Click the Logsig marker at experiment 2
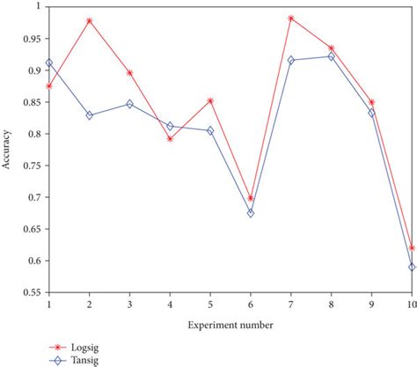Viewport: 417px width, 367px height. [90, 20]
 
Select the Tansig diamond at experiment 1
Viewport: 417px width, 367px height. [49, 62]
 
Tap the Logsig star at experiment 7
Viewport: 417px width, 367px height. [290, 18]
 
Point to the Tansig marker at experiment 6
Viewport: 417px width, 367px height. [250, 213]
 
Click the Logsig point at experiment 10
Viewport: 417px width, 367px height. [411, 247]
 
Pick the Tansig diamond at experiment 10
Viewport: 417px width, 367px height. [411, 267]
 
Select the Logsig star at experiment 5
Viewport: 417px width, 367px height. [210, 99]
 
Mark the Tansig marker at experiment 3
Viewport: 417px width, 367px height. [130, 104]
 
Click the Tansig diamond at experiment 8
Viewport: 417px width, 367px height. [331, 56]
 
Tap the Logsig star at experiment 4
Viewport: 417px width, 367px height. [170, 138]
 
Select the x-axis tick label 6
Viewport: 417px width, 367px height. [250, 303]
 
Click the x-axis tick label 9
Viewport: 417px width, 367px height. [370, 303]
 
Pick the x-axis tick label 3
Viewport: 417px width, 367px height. [130, 303]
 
